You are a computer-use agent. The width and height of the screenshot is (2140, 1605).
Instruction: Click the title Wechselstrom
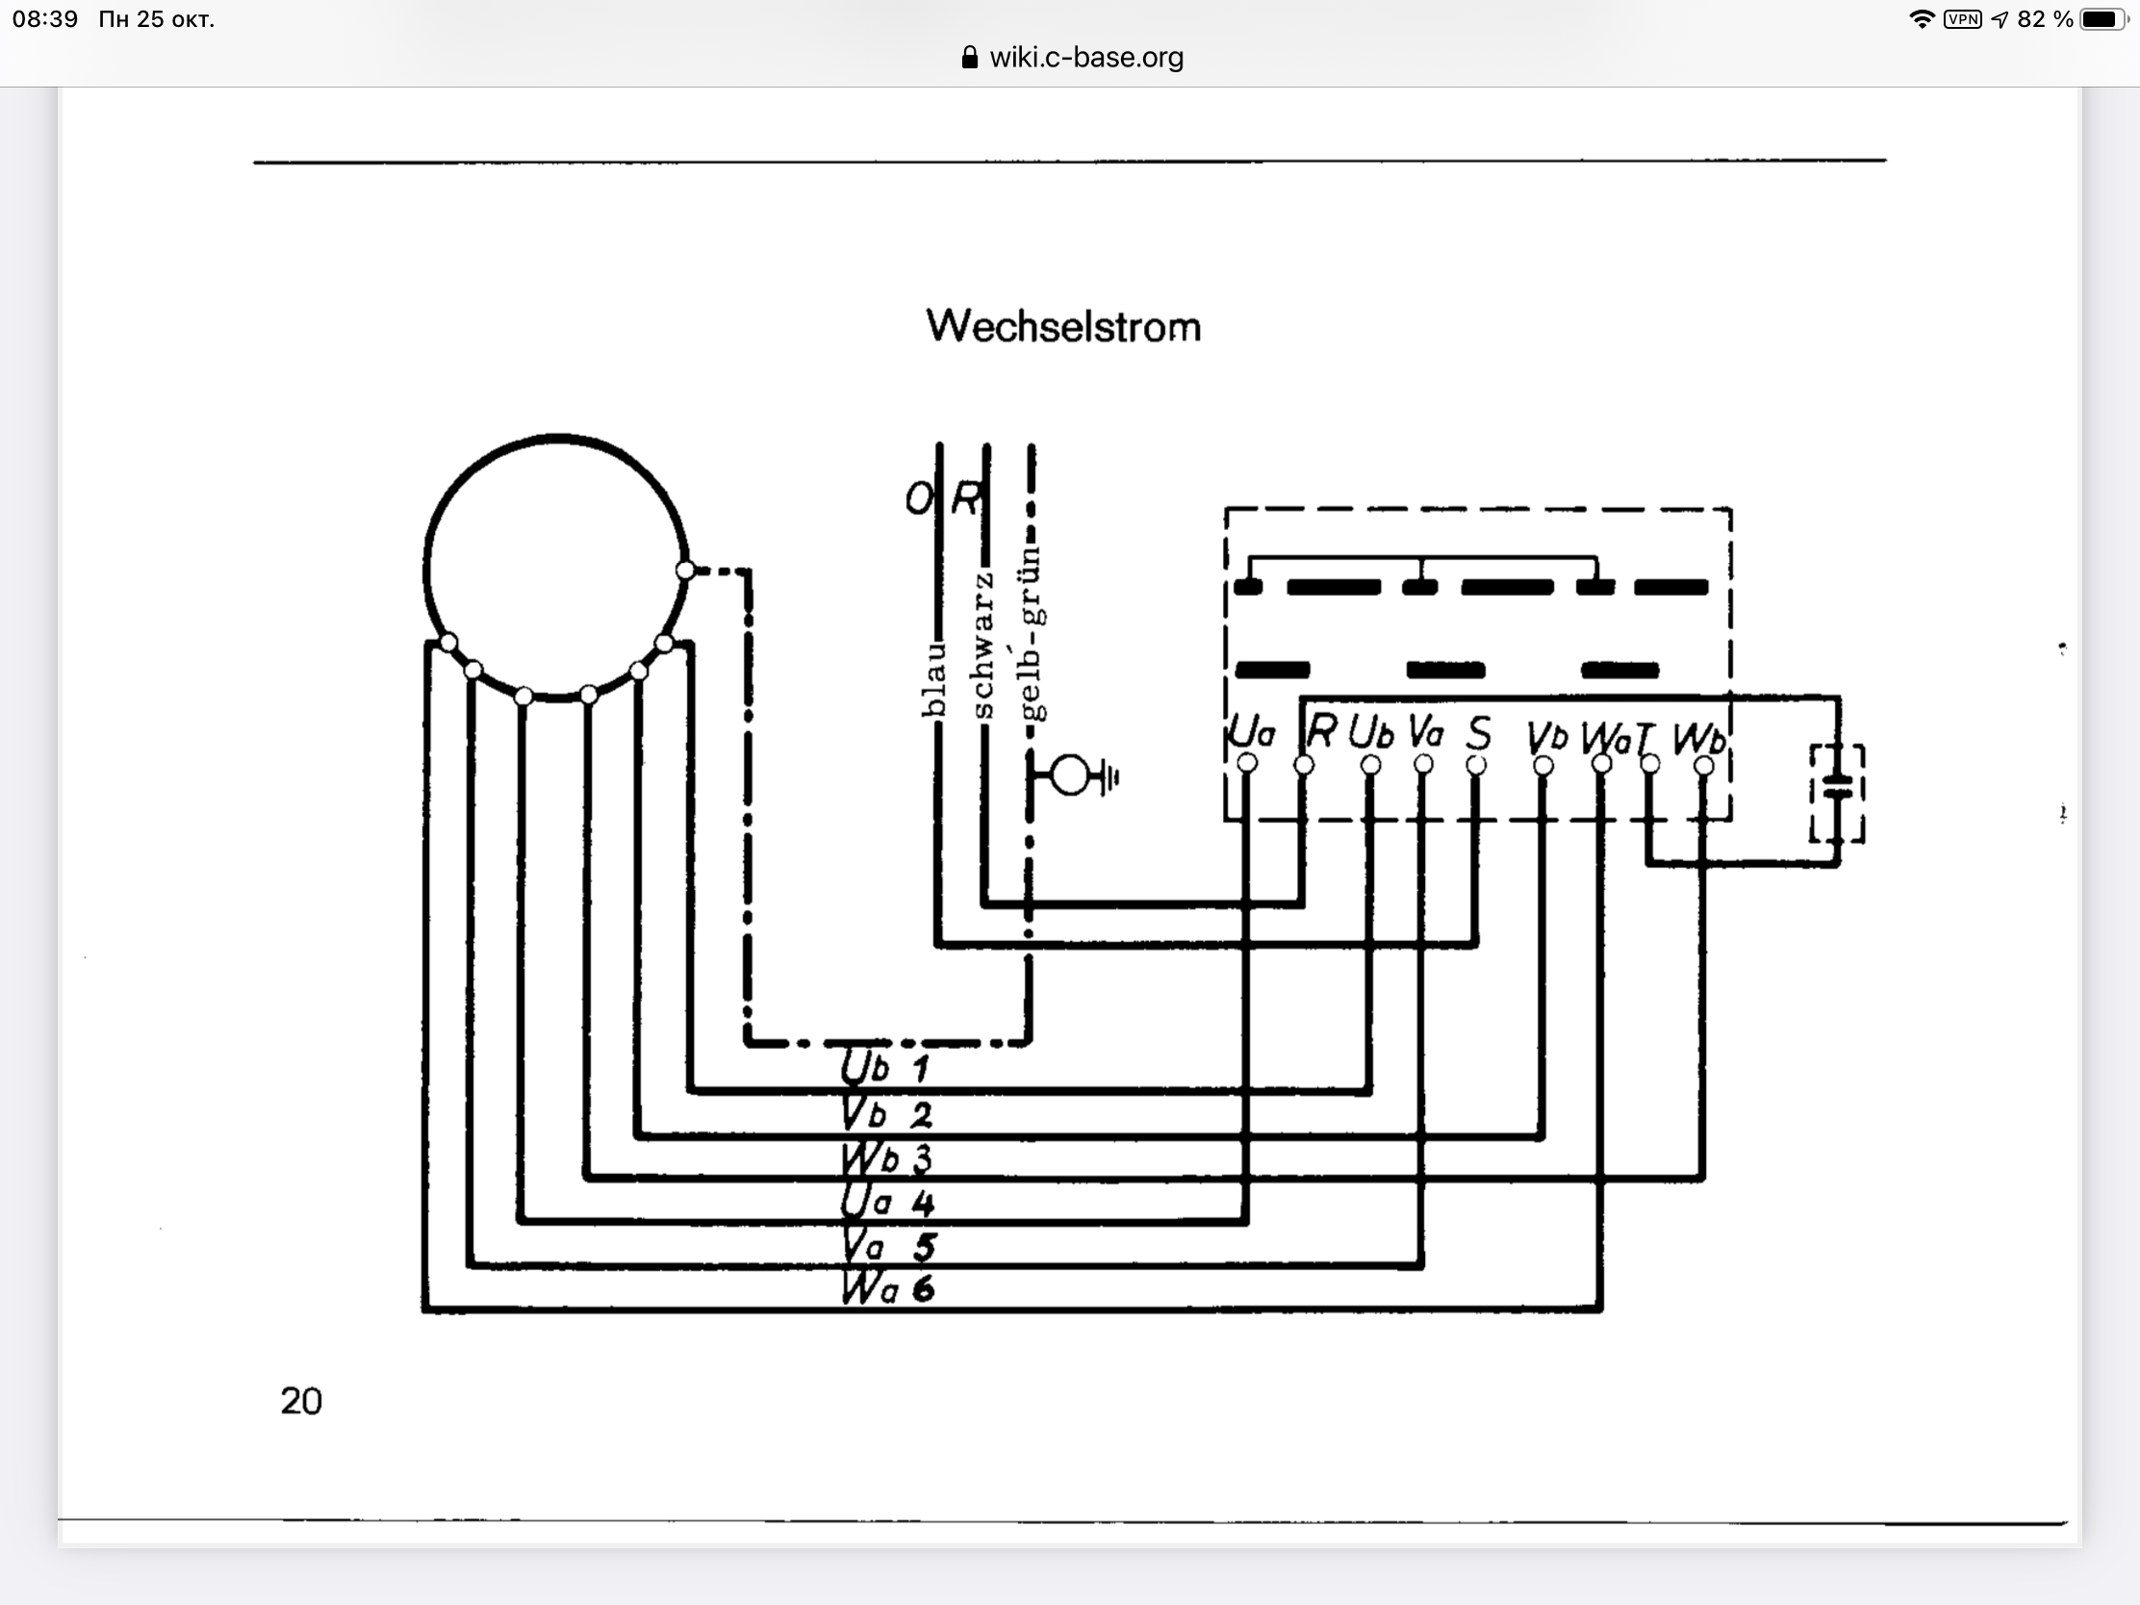pos(1063,327)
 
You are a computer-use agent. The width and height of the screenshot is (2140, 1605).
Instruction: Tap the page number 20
pos(301,1401)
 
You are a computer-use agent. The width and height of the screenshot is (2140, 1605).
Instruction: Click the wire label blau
pos(933,680)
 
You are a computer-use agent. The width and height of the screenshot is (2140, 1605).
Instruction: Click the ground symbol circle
pos(1070,775)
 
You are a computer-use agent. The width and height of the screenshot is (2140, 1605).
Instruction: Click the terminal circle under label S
pos(1476,765)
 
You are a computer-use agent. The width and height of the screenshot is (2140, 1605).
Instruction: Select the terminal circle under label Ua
pos(1247,763)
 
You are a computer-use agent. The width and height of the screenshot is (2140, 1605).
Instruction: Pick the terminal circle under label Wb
pos(1704,766)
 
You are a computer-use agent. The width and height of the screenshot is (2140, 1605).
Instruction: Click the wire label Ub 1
pos(884,1067)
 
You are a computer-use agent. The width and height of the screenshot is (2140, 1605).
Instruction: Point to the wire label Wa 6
pos(887,1288)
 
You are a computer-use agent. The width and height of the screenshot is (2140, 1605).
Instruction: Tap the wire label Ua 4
pos(886,1202)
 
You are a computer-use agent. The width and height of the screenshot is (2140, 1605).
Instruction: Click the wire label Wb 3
pos(886,1158)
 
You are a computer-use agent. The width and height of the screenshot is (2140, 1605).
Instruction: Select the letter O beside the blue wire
pos(918,499)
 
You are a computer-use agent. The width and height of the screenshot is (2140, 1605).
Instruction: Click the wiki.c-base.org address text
pos(1085,57)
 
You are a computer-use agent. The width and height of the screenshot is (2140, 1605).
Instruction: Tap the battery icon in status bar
pos(2102,19)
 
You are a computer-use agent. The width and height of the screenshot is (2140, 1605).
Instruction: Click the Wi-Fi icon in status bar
pos(1921,19)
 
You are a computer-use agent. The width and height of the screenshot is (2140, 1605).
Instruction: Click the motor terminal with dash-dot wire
pos(685,571)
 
